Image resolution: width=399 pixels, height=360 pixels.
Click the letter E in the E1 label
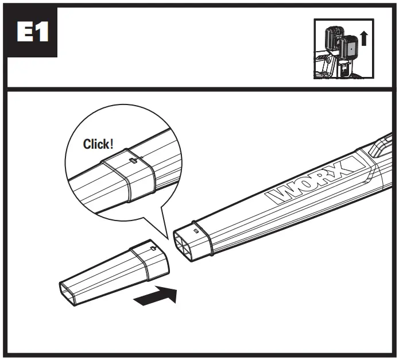(x=24, y=33)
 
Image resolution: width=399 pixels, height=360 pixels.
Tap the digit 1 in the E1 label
(x=43, y=33)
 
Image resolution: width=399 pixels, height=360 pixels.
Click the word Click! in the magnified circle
(x=98, y=144)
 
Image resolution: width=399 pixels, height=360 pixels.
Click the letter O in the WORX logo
(x=303, y=185)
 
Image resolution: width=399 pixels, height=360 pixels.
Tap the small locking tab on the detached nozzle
(x=153, y=248)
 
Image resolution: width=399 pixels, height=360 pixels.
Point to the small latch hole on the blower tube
(x=196, y=230)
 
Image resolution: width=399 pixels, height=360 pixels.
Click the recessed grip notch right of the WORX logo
(x=380, y=148)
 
